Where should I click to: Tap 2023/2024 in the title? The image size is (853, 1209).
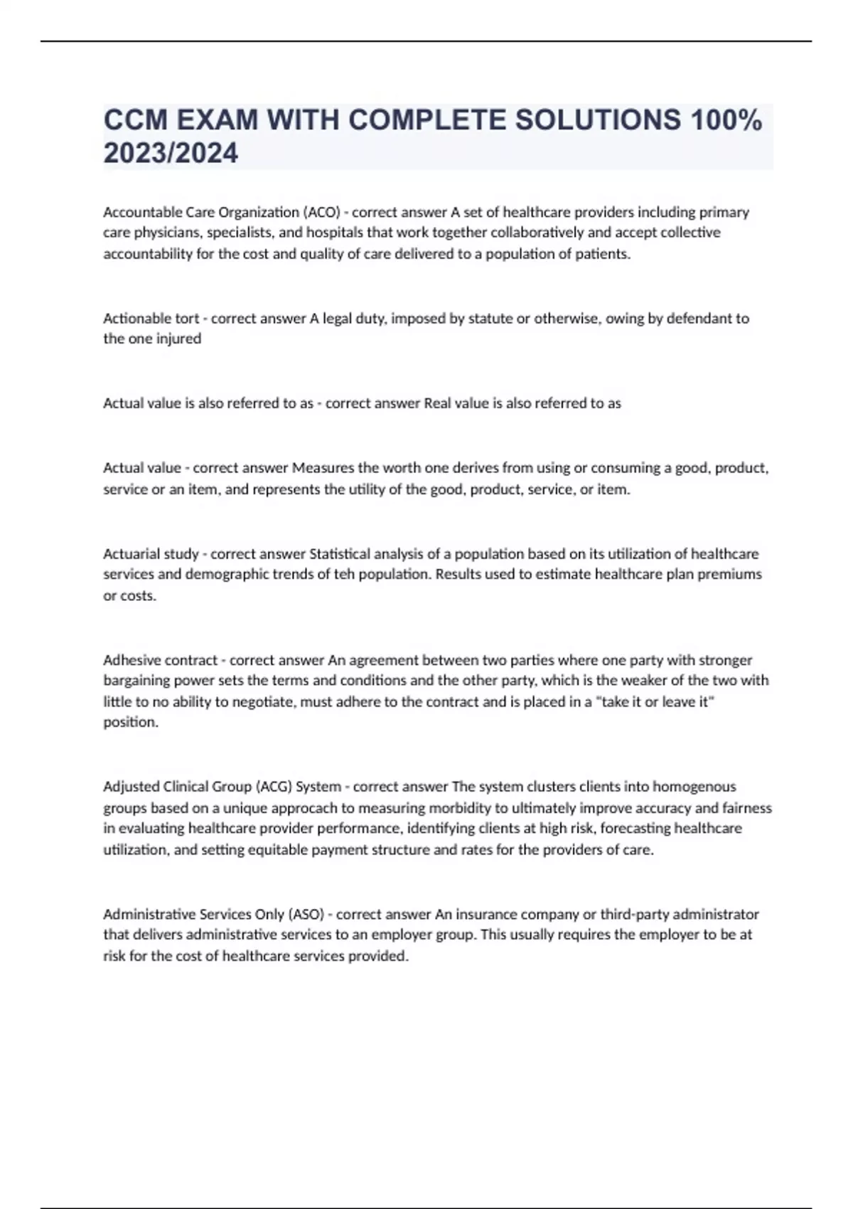point(171,153)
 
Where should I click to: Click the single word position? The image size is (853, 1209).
point(131,722)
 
